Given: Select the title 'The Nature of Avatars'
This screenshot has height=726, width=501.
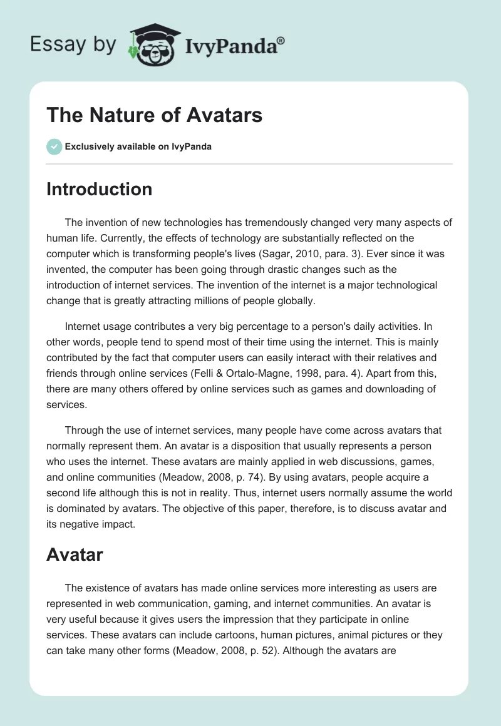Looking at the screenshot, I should pos(154,115).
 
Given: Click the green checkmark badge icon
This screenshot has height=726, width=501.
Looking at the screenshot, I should pos(54,146).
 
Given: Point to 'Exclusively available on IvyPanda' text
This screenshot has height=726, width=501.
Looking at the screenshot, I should pos(138,146).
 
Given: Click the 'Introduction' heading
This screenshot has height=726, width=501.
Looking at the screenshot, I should pos(99,189).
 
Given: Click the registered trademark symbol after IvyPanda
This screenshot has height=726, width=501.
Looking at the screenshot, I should pos(281,40).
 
